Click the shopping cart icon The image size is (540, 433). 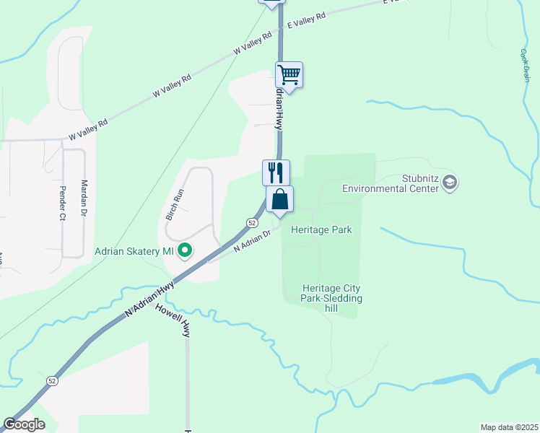[289, 74]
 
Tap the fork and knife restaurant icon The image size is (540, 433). [276, 172]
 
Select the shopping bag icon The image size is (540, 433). [280, 198]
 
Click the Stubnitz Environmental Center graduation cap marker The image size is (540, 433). [450, 181]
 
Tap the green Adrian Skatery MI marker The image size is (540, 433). [185, 251]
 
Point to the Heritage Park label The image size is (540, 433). [321, 229]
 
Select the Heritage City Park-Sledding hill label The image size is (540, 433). [332, 298]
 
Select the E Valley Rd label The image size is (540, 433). [307, 19]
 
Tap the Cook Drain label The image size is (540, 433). [525, 65]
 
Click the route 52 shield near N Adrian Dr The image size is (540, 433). [253, 222]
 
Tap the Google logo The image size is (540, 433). [24, 424]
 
